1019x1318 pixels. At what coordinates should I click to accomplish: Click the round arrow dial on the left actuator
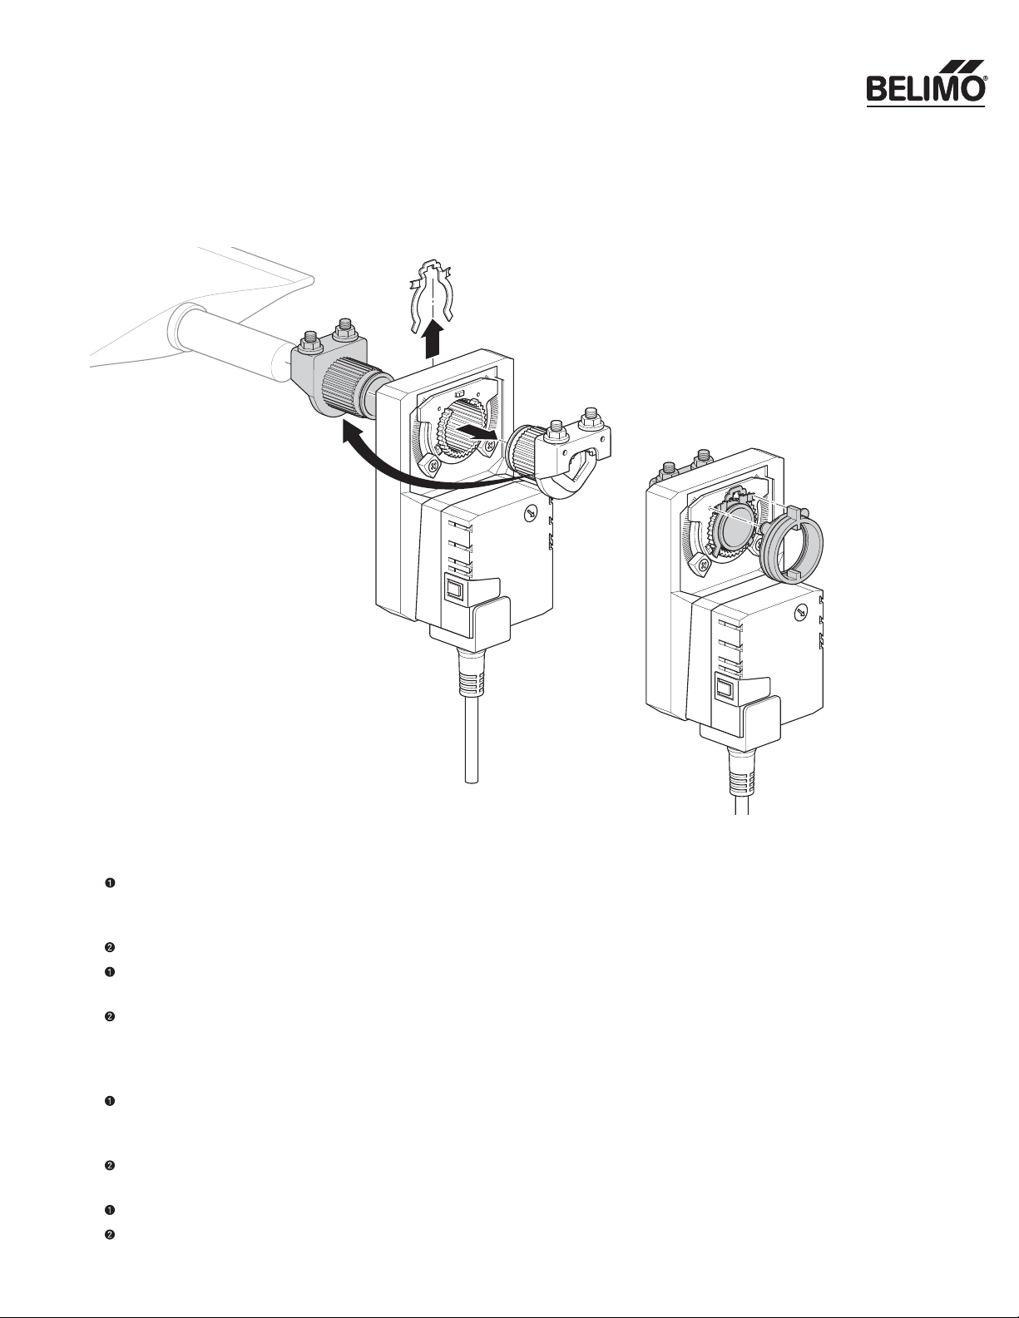[x=530, y=514]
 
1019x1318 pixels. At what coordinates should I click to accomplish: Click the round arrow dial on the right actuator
[x=800, y=613]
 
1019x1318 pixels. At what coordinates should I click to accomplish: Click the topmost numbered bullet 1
[x=111, y=883]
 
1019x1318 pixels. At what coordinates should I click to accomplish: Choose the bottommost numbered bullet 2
[x=111, y=1234]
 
